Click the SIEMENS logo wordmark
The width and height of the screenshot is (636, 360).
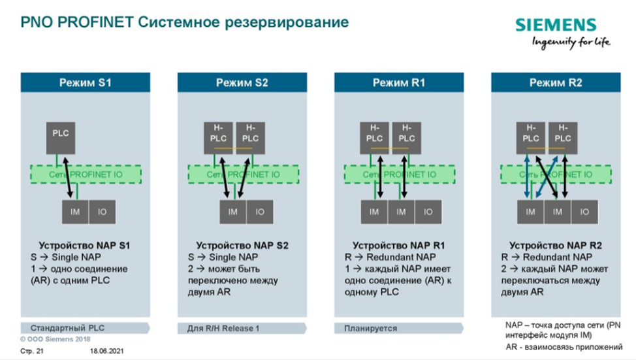[x=556, y=25]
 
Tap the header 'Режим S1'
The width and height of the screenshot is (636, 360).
[x=86, y=82]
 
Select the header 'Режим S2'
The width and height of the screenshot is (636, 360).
[x=242, y=82]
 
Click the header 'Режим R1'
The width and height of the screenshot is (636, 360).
[x=399, y=82]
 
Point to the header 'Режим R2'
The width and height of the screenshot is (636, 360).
[x=556, y=82]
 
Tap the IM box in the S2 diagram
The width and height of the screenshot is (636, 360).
[x=233, y=212]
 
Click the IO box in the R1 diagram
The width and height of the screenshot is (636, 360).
[x=428, y=212]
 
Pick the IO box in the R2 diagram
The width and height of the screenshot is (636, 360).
[x=584, y=212]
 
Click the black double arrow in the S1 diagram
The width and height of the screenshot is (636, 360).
[x=68, y=172]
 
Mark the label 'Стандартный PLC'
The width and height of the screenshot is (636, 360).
[x=63, y=328]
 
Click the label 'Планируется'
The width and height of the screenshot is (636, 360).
[x=370, y=328]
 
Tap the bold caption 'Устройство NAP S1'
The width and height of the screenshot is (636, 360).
[x=85, y=246]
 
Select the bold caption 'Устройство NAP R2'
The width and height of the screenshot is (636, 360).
[x=556, y=246]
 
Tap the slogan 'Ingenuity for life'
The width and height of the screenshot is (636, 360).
[x=571, y=42]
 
